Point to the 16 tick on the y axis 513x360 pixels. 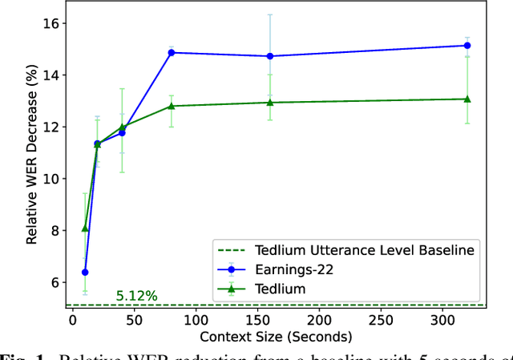point(50,23)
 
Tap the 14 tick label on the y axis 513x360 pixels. point(50,75)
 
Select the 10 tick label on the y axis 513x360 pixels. point(50,179)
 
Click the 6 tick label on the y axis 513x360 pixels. point(54,282)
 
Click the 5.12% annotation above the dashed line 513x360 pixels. point(136,296)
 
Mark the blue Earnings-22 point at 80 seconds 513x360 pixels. point(171,53)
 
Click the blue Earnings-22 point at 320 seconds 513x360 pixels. point(467,46)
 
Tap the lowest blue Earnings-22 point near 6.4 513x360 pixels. point(85,273)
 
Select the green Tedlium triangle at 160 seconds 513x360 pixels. point(270,102)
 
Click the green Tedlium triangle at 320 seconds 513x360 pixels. point(467,99)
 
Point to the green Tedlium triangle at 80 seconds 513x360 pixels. point(171,106)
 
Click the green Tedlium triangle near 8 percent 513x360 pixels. point(85,229)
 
